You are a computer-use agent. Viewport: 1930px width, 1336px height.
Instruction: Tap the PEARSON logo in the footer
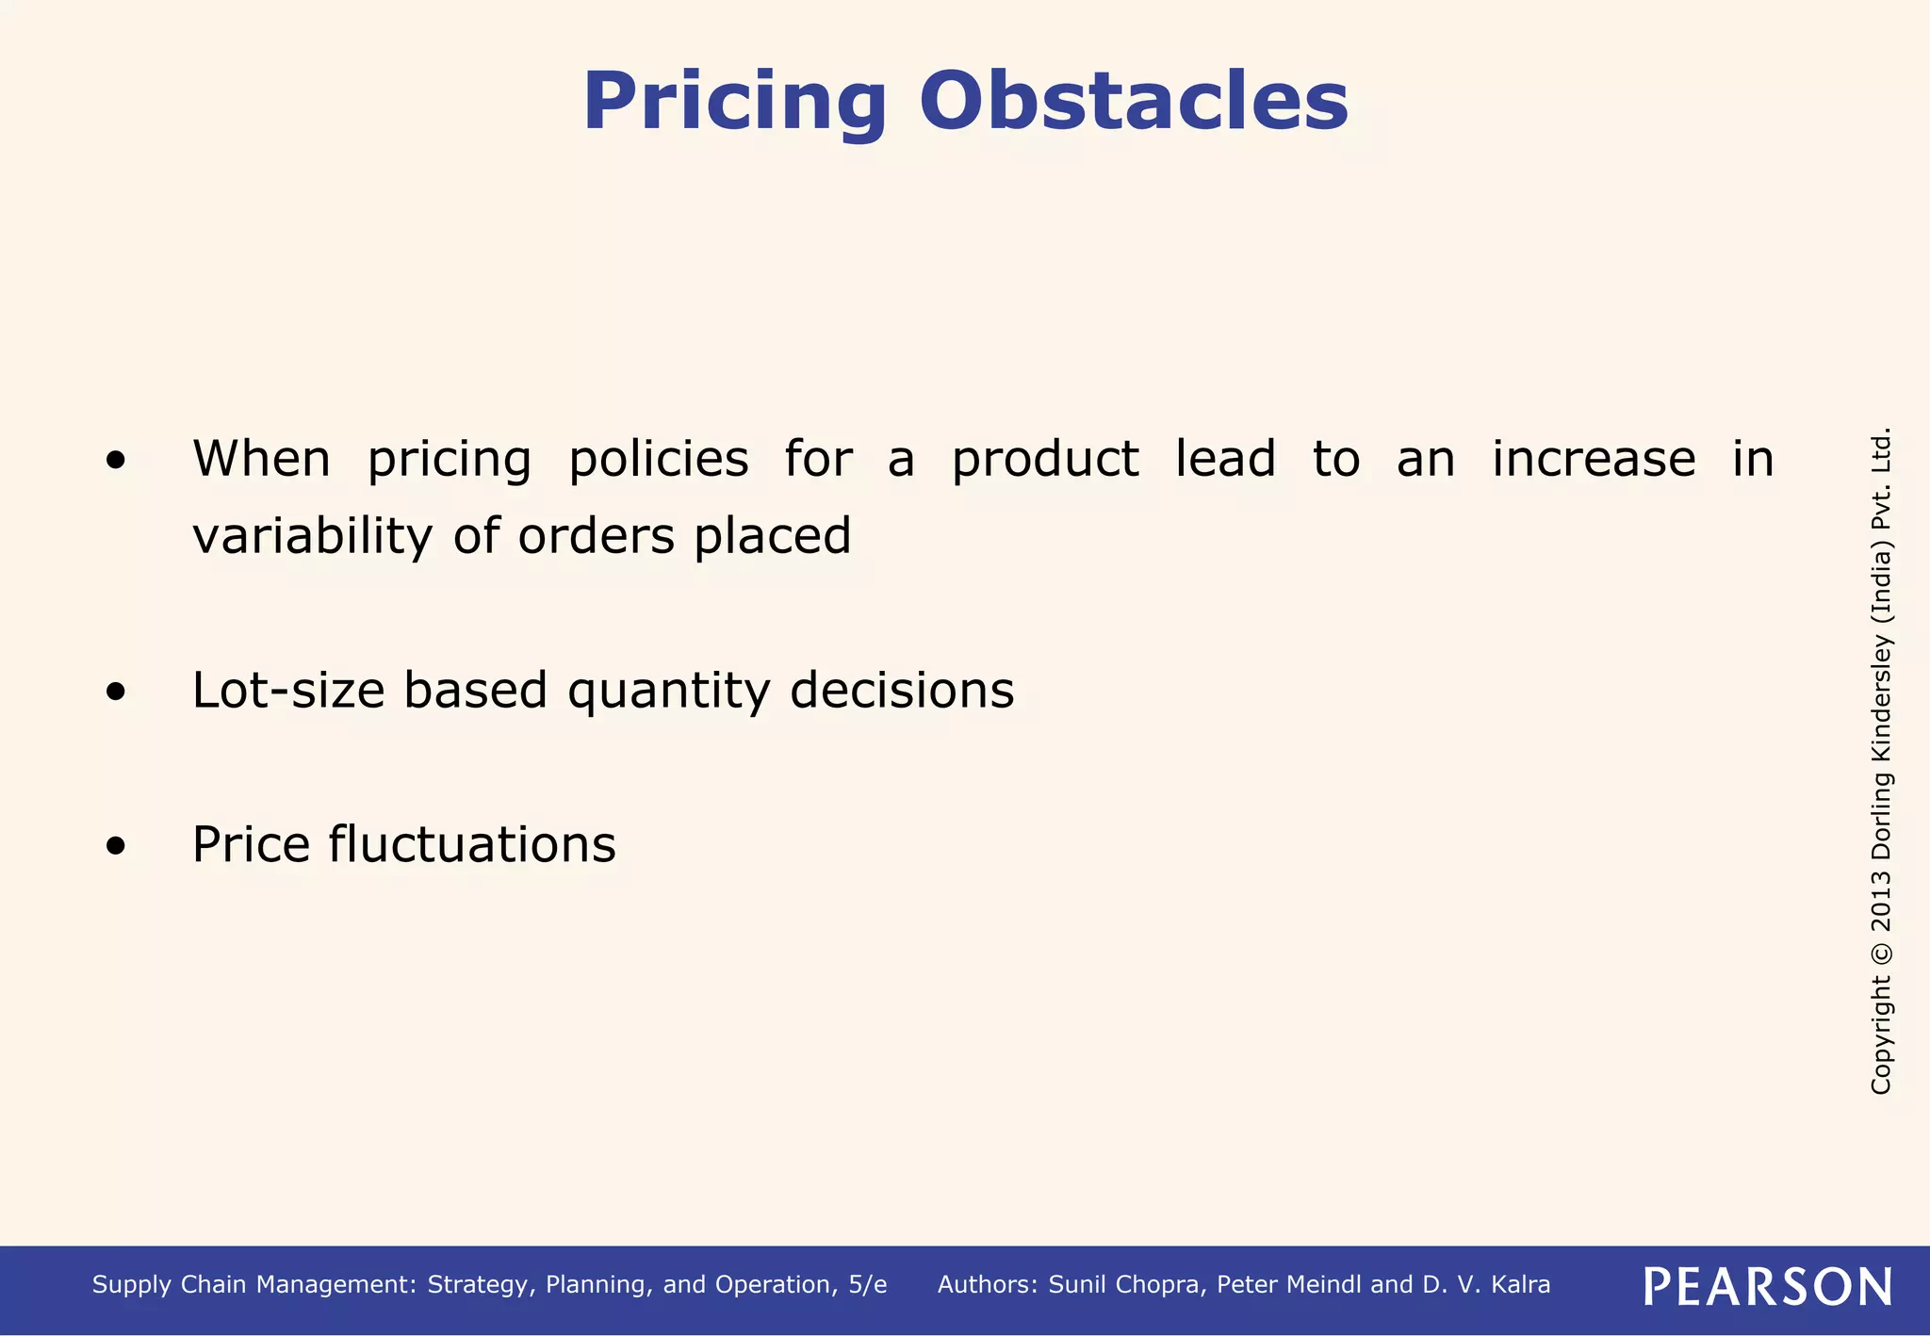coord(1767,1286)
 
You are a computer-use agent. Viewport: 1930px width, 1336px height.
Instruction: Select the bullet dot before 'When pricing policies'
coord(116,461)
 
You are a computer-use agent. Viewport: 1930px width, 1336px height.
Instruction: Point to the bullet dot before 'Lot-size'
coord(116,692)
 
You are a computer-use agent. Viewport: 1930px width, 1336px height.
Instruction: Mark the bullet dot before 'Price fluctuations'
coord(116,845)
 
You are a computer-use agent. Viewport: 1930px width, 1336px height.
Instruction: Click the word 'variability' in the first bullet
coord(312,536)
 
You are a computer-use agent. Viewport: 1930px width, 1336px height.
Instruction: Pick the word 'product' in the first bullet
coord(1045,460)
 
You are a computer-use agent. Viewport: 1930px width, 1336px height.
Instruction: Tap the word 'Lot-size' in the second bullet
coord(288,690)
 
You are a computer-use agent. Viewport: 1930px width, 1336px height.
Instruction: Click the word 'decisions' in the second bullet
coord(902,690)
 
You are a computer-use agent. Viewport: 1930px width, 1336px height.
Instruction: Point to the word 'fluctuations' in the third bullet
coord(472,844)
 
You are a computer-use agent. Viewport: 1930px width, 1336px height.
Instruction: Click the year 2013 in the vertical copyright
coord(1881,898)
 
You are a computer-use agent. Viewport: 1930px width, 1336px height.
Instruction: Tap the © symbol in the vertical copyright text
coord(1881,952)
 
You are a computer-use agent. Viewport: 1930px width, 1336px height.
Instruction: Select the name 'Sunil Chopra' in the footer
coord(1126,1285)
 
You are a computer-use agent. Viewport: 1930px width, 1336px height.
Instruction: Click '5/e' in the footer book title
coord(867,1285)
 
